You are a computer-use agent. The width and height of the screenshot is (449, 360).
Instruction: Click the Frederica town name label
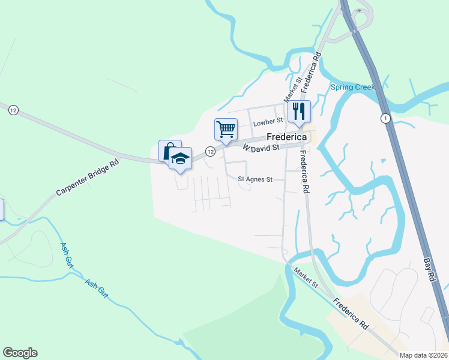(x=284, y=137)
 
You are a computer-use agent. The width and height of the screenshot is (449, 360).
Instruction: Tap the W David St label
(x=261, y=148)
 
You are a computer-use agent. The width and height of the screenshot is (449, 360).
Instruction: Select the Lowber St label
(x=267, y=122)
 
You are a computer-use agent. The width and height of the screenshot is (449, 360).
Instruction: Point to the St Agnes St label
(x=255, y=179)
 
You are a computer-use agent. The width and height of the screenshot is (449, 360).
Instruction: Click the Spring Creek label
(x=352, y=87)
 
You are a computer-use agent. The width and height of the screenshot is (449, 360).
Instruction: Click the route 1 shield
(x=385, y=118)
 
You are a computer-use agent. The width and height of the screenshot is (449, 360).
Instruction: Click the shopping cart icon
(x=226, y=129)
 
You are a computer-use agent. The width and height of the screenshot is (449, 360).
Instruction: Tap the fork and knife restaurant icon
(x=299, y=111)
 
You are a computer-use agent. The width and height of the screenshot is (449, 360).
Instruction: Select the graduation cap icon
(x=181, y=158)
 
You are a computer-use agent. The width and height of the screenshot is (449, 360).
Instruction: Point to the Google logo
(x=20, y=353)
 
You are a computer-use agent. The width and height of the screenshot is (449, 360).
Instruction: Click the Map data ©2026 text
(x=423, y=355)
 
